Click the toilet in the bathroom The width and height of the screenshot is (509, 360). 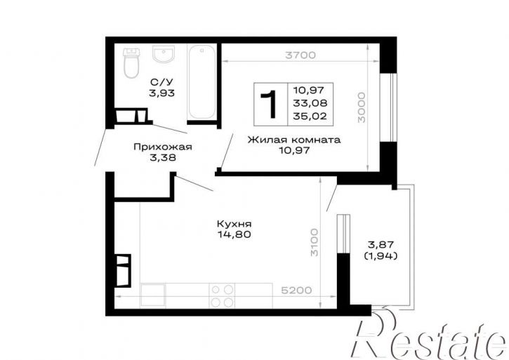coord(131,63)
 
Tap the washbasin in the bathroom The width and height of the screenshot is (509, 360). coord(164,54)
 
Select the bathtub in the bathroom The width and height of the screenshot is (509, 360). coord(202,82)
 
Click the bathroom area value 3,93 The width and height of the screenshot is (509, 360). coord(161,93)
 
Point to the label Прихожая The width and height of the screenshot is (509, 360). coord(163,147)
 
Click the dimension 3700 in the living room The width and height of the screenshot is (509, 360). coord(300,55)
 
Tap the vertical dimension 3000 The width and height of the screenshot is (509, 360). coord(362,107)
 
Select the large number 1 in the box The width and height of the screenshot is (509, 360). coord(269,104)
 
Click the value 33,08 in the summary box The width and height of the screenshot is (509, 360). coord(310,103)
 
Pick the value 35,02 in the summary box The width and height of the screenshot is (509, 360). coord(310,116)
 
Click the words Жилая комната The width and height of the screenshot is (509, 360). coord(294,140)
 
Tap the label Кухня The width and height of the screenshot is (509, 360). coord(234,224)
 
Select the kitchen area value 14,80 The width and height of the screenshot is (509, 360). coord(234,234)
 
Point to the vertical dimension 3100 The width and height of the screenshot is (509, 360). coord(315,242)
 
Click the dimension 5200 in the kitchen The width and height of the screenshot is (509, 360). coord(296,291)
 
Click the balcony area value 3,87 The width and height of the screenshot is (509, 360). coord(381,244)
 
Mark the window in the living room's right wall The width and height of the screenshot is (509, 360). coord(388,107)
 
